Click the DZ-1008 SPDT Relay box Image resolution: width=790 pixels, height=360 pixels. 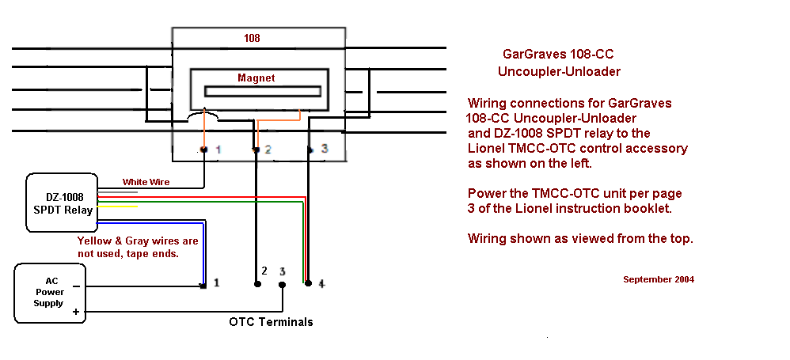(61, 203)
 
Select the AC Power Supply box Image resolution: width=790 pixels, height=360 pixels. (48, 294)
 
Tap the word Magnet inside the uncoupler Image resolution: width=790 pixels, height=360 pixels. (256, 78)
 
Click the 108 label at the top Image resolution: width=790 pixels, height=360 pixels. (252, 38)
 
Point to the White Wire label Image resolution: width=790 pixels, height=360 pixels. (146, 182)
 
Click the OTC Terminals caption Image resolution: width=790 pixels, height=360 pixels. (271, 322)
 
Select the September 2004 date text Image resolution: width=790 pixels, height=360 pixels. (659, 279)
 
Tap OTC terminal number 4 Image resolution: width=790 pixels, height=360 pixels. (321, 282)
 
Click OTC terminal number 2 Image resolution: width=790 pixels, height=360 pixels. (264, 271)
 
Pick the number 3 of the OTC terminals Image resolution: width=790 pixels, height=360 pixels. (283, 271)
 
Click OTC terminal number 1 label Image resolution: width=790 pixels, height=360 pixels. (216, 282)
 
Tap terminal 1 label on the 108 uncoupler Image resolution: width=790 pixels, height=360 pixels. (218, 149)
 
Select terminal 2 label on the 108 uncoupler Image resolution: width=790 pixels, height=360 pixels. (268, 149)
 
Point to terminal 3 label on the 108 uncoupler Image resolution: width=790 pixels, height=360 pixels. (324, 148)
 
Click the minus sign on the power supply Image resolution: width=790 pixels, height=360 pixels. (76, 286)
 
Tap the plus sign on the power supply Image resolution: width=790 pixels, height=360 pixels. (76, 313)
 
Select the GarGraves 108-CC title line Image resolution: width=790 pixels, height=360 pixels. (558, 55)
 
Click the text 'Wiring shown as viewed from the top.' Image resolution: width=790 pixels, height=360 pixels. (580, 237)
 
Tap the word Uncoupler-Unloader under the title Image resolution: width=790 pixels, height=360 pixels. (559, 72)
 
